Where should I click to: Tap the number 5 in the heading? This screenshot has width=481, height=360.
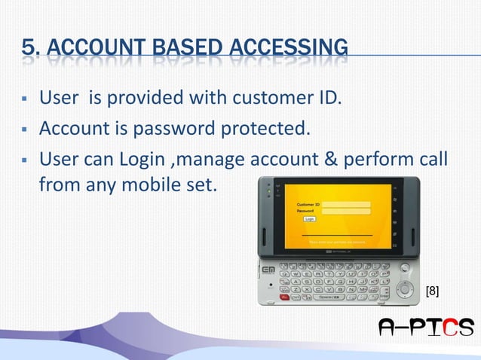pos(29,49)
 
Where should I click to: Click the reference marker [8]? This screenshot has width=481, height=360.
pos(433,290)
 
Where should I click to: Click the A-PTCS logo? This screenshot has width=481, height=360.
pos(426,327)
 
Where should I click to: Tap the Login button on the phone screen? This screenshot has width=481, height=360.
pos(310,219)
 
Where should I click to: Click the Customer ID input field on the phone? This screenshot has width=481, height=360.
pos(345,204)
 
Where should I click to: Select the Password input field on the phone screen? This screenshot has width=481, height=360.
pos(345,212)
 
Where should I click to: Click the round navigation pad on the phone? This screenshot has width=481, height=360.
pos(404,288)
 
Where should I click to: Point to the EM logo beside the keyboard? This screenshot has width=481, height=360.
pos(268,270)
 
